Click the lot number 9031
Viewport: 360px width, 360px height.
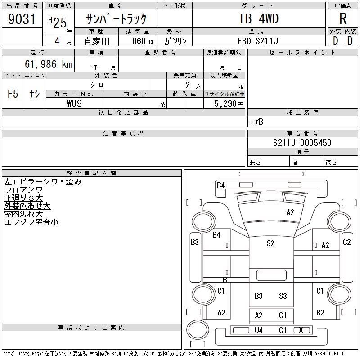22,19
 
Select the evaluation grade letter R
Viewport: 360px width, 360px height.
342,19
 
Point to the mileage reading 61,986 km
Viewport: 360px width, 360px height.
49,64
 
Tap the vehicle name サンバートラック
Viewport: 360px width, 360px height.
116,19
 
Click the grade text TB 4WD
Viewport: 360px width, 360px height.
258,19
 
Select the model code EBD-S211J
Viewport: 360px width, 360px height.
258,41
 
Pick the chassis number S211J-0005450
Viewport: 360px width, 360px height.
302,143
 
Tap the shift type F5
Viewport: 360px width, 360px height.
13,94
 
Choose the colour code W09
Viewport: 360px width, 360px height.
74,103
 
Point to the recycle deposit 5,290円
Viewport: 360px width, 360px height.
230,104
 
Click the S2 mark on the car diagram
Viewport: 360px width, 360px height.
270,243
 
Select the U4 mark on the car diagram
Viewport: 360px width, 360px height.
258,330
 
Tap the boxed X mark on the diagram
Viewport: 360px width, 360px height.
301,330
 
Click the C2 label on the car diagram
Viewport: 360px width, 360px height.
346,242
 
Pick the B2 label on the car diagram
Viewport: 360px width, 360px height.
320,312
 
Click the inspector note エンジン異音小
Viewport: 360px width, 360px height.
31,222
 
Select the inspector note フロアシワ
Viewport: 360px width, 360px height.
23,190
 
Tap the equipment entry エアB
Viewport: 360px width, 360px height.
256,122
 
